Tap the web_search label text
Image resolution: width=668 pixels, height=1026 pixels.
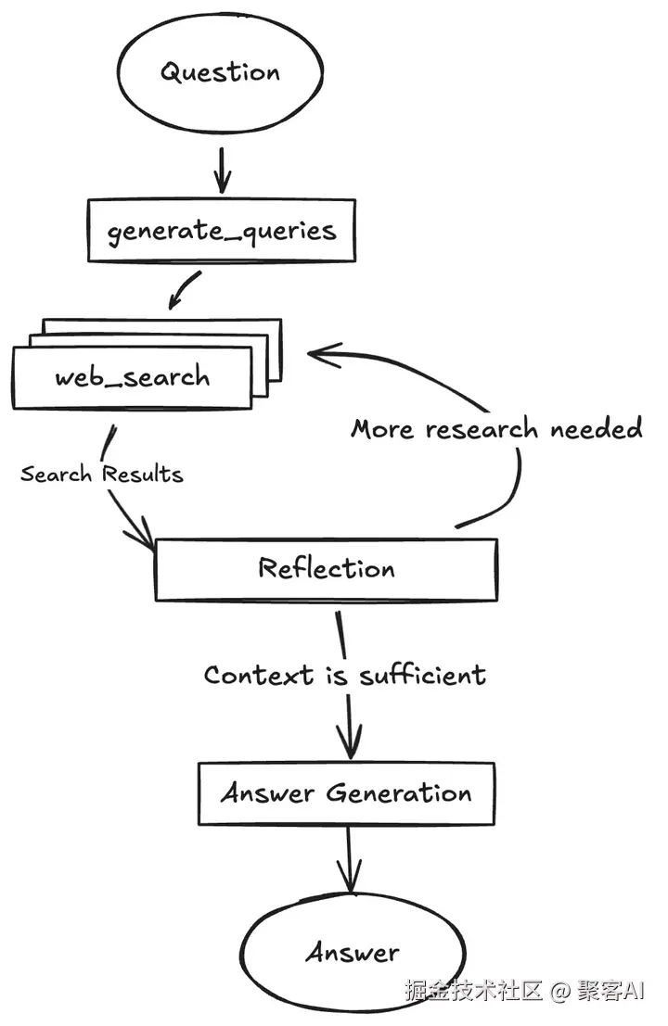[133, 377]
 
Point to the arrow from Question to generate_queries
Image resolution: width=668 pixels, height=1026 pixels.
[223, 171]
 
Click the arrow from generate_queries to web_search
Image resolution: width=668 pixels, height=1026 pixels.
[184, 290]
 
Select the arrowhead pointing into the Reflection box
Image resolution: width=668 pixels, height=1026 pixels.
[141, 533]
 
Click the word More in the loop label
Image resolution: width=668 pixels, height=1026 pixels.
[382, 429]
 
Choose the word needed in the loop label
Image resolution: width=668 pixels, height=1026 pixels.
[597, 428]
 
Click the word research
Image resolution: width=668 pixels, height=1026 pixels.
[482, 429]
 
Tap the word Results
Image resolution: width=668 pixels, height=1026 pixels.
[142, 473]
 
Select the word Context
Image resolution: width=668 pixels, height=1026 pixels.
[259, 675]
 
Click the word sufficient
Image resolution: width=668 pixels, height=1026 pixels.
[423, 674]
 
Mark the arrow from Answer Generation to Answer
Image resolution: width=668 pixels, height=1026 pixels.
[349, 858]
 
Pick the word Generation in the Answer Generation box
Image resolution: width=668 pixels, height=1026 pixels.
[399, 793]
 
